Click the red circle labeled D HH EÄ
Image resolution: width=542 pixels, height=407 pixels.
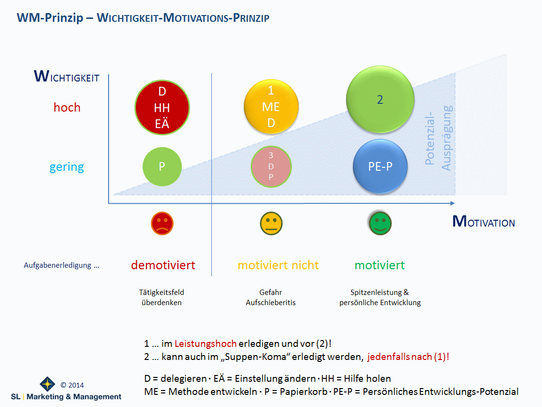pyautogui.click(x=162, y=108)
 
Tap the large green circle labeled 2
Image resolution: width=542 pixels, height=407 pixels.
pyautogui.click(x=380, y=99)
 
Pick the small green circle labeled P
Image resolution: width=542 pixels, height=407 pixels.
pyautogui.click(x=162, y=166)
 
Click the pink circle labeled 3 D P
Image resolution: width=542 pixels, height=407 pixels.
pyautogui.click(x=271, y=166)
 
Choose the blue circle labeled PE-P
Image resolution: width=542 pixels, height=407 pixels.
pyautogui.click(x=380, y=166)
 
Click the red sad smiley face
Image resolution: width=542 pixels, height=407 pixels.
pyautogui.click(x=162, y=223)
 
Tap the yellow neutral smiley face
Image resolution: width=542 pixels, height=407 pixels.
pyautogui.click(x=271, y=223)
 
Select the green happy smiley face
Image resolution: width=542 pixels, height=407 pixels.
pyautogui.click(x=380, y=223)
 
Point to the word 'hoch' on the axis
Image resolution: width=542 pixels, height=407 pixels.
pyautogui.click(x=67, y=107)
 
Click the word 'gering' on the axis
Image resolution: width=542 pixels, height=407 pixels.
pyautogui.click(x=66, y=167)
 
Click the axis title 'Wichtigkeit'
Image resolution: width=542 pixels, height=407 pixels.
pyautogui.click(x=66, y=77)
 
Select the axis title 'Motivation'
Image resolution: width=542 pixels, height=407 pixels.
pyautogui.click(x=483, y=222)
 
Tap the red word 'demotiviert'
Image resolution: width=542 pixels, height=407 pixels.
pyautogui.click(x=163, y=265)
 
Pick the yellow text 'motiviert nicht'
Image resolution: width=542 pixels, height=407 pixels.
pyautogui.click(x=278, y=265)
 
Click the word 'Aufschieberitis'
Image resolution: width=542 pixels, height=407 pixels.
pyautogui.click(x=271, y=303)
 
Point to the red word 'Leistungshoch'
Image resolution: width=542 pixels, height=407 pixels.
pyautogui.click(x=206, y=343)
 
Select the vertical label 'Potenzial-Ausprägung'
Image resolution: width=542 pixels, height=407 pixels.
pyautogui.click(x=438, y=137)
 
